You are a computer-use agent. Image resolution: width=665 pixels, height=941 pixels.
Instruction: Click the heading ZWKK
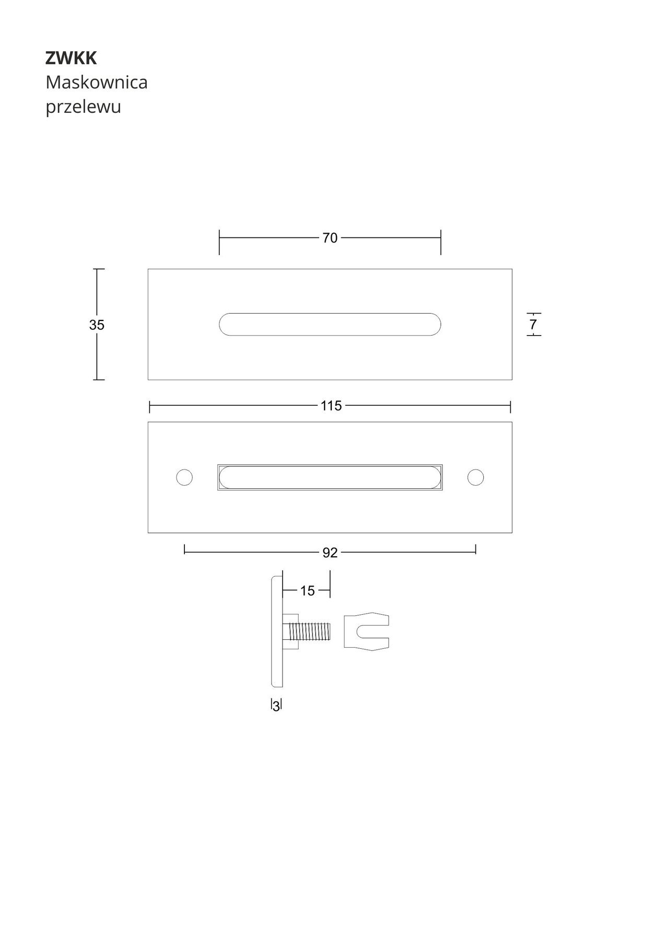pos(71,59)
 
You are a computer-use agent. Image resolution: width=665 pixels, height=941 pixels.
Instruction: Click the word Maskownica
pos(97,82)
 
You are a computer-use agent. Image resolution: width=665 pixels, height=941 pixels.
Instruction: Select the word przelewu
pos(83,107)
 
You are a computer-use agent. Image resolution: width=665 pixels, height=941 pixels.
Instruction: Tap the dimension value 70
pos(330,238)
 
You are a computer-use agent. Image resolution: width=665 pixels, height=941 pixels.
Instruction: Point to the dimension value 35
pos(97,325)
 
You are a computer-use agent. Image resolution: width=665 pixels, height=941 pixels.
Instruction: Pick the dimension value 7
pos(533,325)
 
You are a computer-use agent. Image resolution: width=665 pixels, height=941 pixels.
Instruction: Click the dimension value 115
pos(331,406)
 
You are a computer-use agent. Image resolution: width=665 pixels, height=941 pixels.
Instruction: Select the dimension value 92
pos(330,553)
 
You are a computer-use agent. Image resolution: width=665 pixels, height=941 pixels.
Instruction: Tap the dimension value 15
pos(308,591)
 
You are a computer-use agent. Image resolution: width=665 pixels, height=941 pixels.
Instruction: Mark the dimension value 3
pos(276,706)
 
